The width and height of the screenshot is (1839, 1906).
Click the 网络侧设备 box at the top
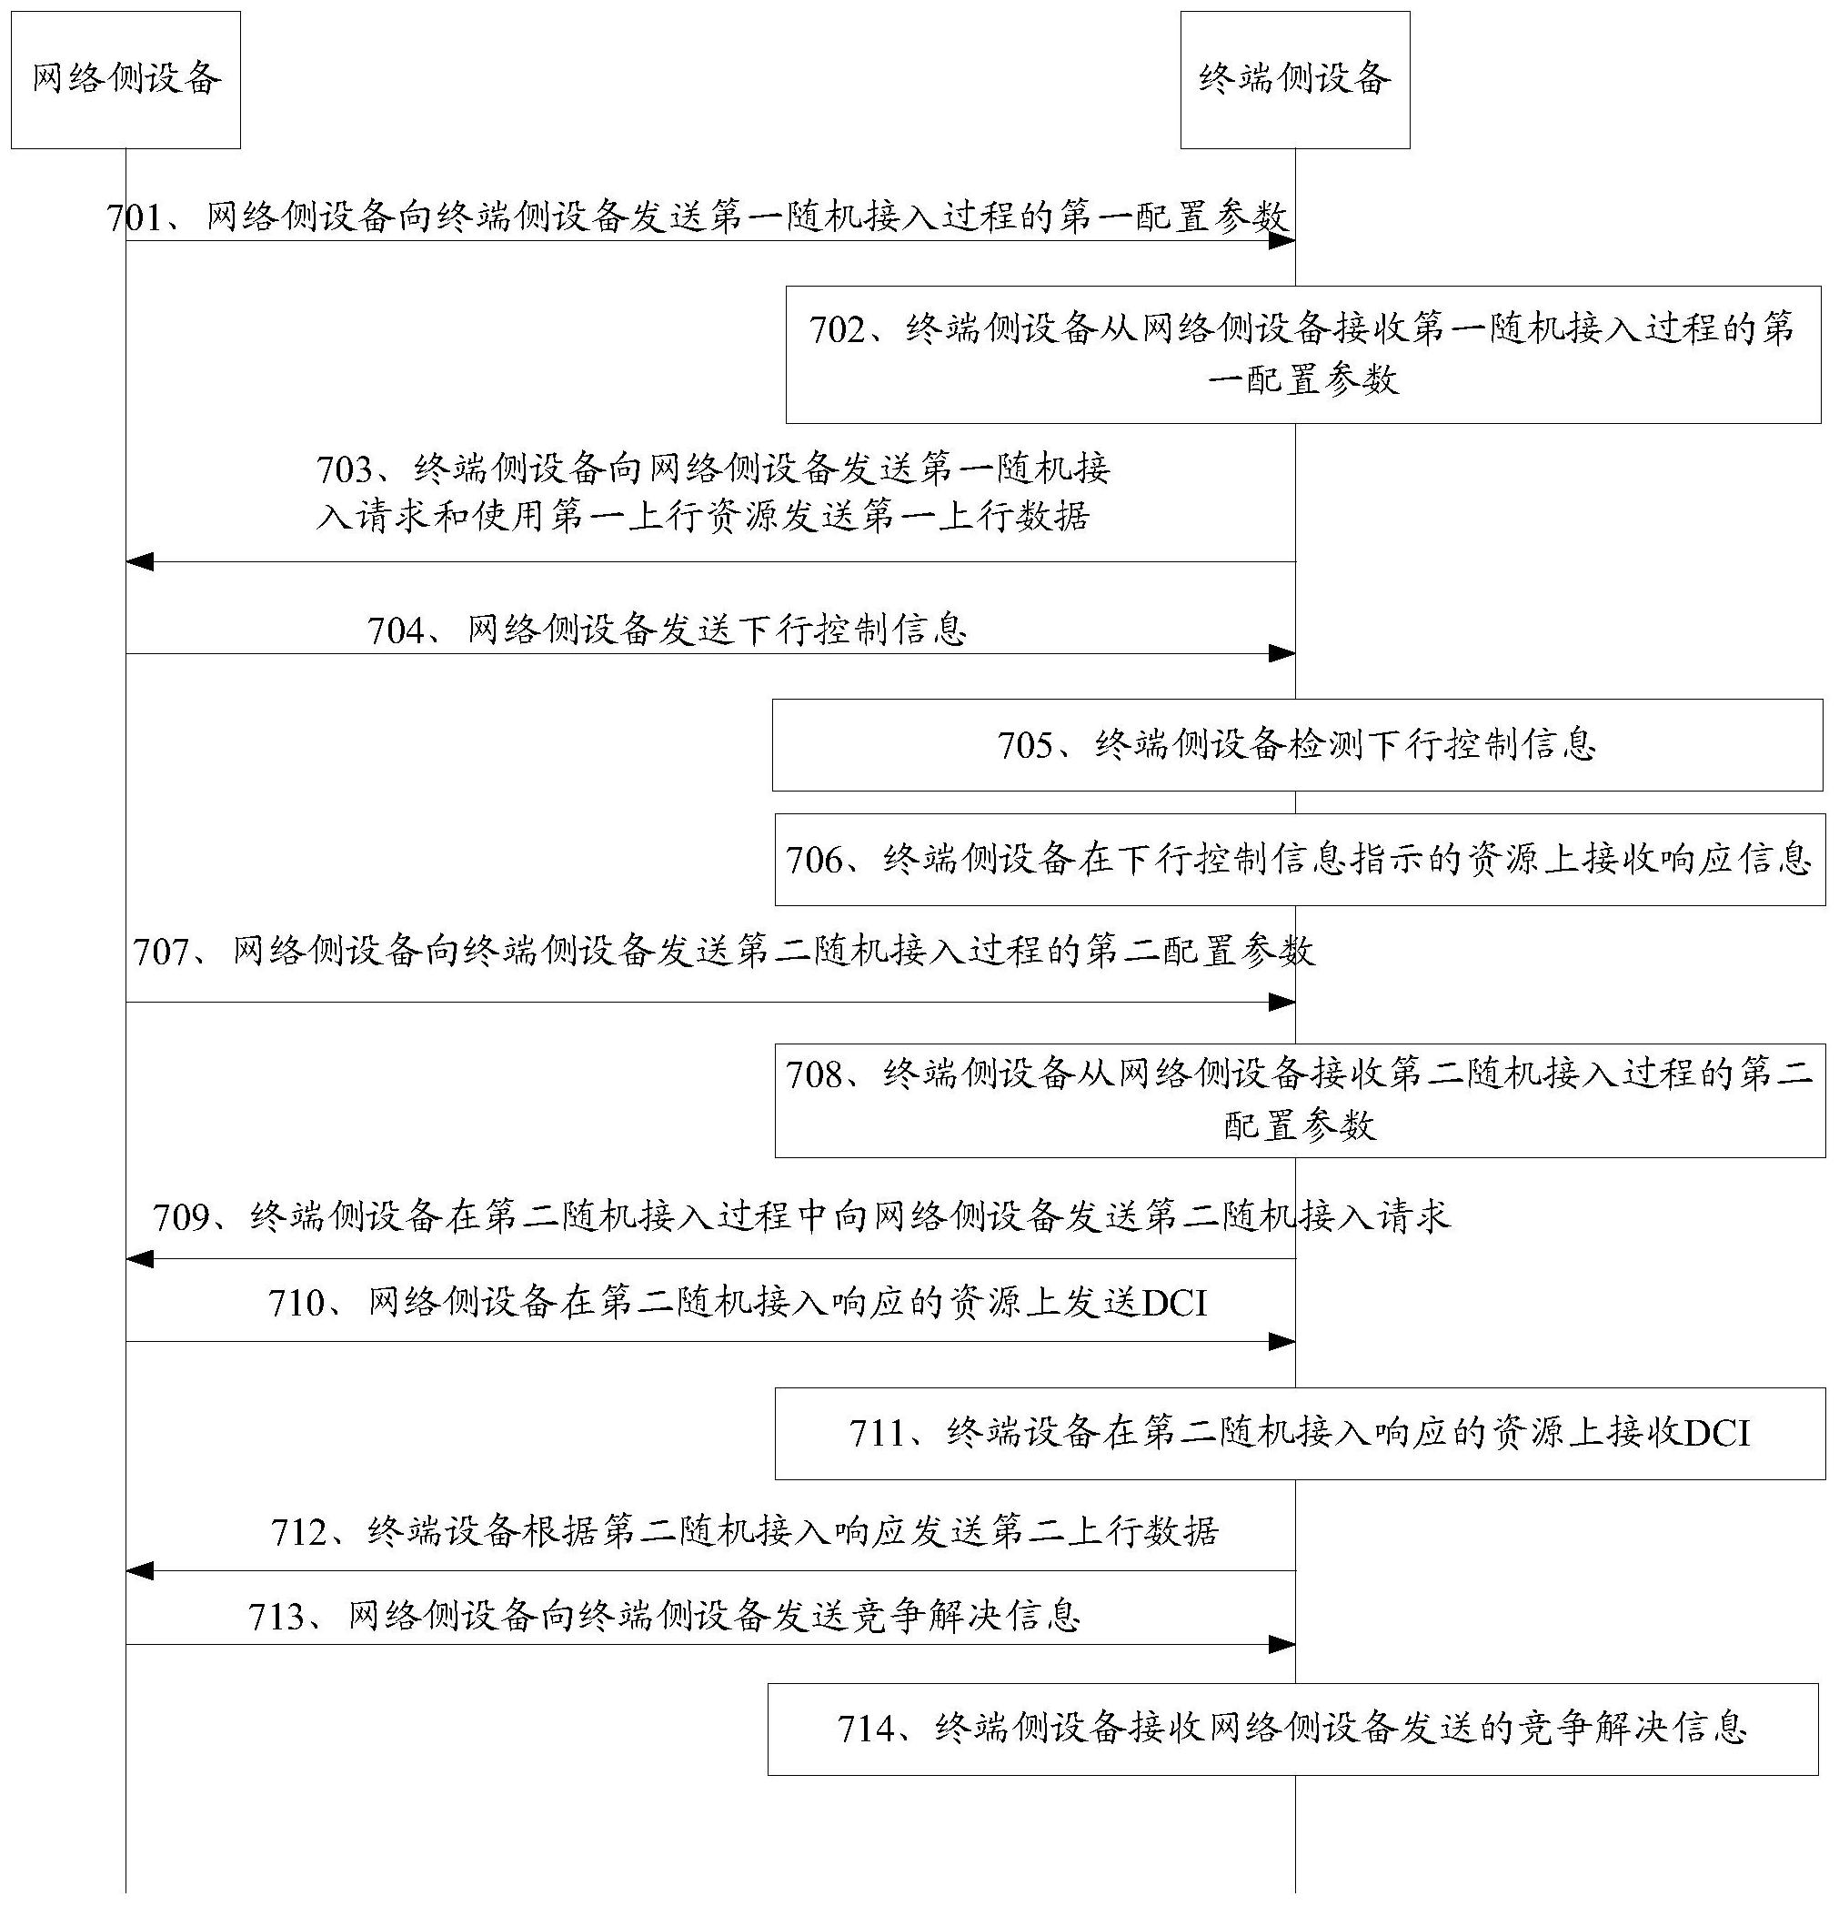126,80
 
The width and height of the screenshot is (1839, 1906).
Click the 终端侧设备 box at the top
1295,80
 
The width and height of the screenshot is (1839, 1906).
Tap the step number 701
136,217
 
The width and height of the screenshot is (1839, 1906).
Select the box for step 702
1302,355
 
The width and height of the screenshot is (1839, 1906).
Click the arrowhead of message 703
140,561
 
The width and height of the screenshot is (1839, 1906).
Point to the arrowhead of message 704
1281,653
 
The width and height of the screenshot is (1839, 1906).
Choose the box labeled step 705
1298,745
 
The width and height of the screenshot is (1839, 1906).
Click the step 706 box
1300,860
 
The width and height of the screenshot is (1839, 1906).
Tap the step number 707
161,951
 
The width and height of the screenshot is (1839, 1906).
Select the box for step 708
1300,1101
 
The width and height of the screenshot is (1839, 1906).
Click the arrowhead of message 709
140,1259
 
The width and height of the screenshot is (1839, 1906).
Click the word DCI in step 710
1175,1303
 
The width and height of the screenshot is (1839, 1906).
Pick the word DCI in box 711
1717,1434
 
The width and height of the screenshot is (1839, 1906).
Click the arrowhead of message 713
1281,1644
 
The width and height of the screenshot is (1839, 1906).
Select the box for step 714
1292,1729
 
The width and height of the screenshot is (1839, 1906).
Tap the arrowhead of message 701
1281,240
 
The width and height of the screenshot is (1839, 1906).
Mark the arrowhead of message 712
140,1570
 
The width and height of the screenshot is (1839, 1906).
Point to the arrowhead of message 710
1281,1342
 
